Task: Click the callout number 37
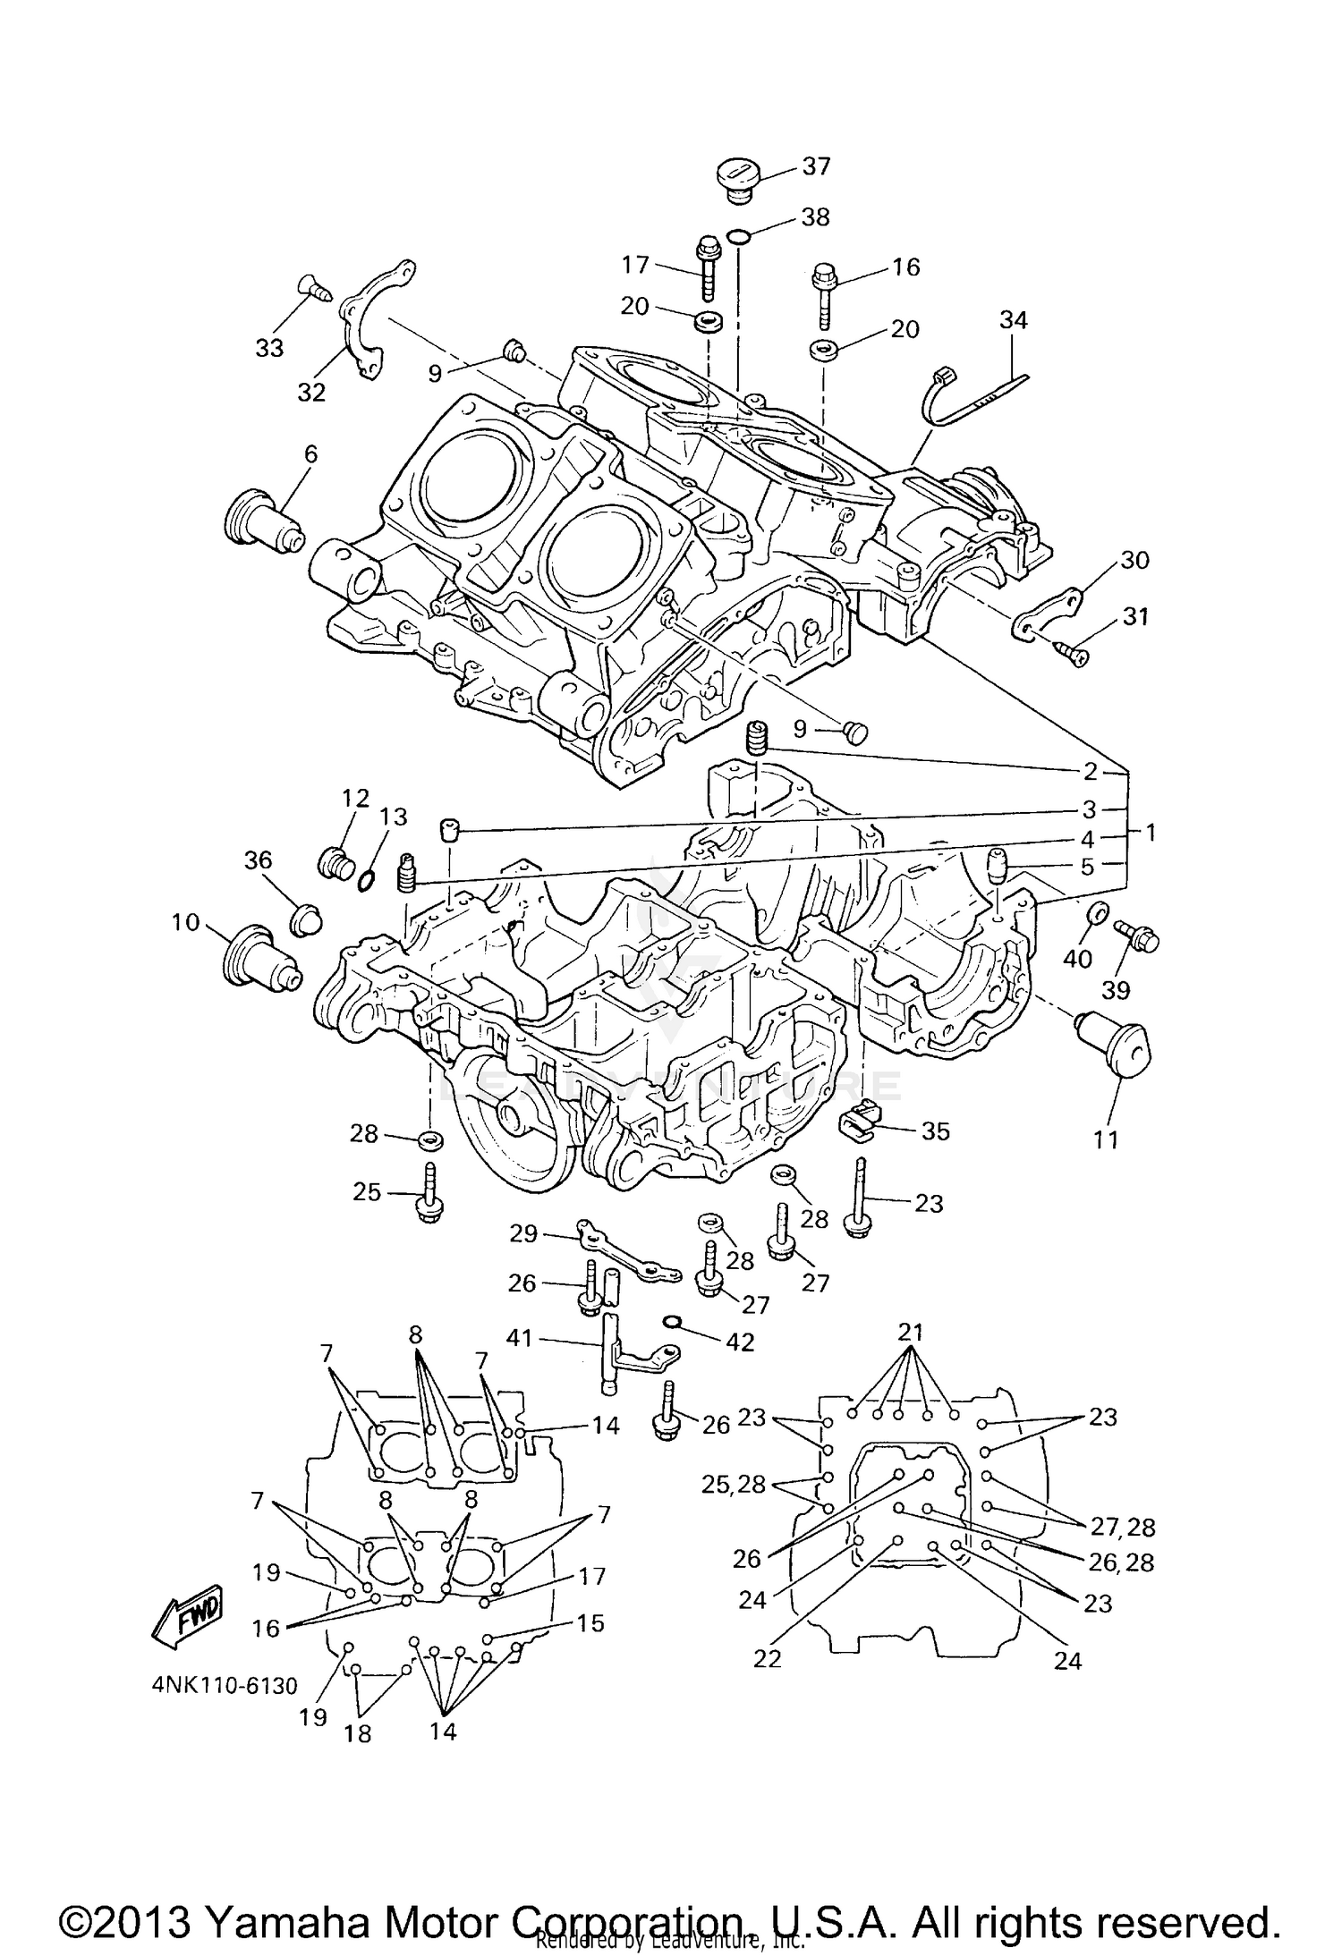click(x=816, y=166)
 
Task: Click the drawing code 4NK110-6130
click(x=223, y=1686)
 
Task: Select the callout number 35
click(x=935, y=1130)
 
